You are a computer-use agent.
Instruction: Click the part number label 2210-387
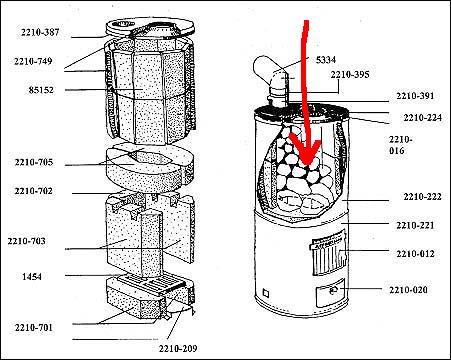click(40, 32)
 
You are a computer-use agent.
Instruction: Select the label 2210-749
click(33, 61)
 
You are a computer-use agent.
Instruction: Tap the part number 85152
click(41, 90)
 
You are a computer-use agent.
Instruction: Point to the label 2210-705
click(34, 162)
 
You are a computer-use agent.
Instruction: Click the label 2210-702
click(33, 191)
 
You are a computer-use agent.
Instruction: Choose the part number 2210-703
click(26, 241)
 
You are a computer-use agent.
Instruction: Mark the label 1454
click(32, 276)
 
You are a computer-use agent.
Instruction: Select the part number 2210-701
click(34, 327)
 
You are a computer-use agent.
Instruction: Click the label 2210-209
click(178, 349)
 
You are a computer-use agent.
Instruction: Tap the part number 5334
click(326, 60)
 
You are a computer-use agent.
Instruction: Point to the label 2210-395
click(350, 74)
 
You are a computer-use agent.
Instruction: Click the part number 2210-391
click(415, 96)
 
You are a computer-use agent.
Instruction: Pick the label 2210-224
click(423, 118)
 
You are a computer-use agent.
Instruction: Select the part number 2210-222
click(423, 197)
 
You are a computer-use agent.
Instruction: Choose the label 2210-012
click(415, 254)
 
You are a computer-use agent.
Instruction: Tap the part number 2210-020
click(408, 290)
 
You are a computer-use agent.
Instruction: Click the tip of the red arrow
click(307, 166)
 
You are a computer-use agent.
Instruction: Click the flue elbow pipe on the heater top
click(272, 80)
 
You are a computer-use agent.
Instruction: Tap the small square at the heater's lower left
click(266, 294)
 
